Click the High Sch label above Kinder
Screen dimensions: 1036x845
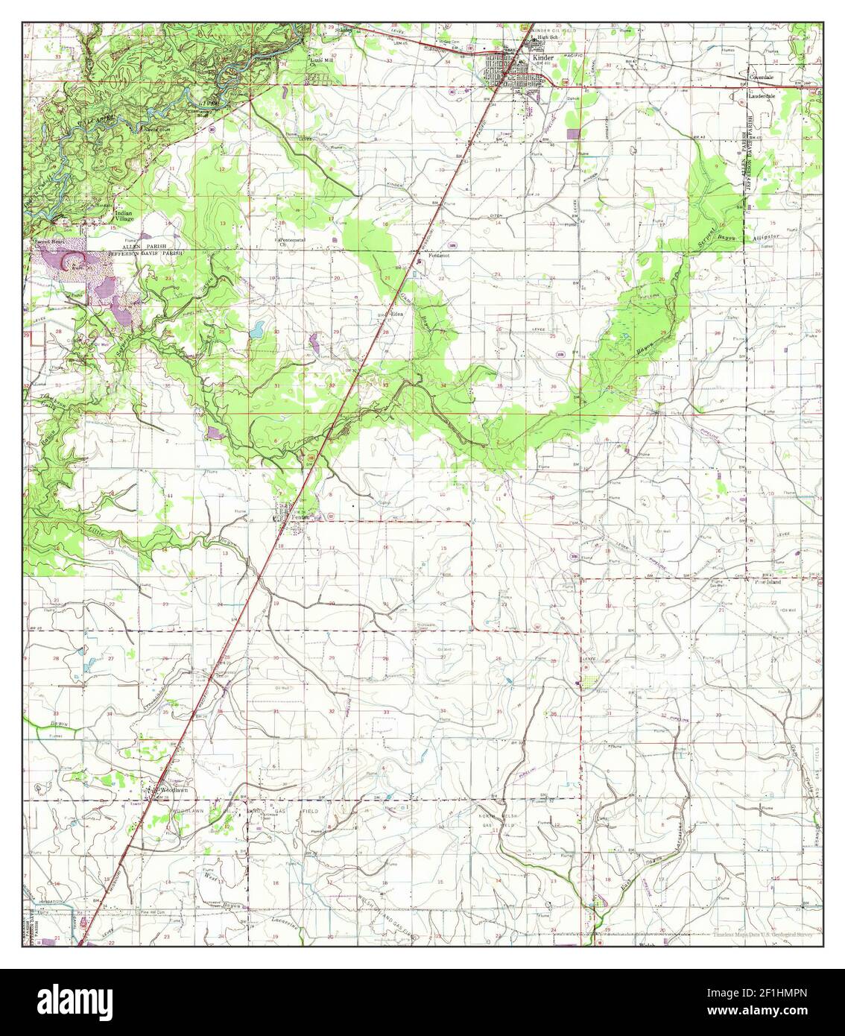tap(547, 37)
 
